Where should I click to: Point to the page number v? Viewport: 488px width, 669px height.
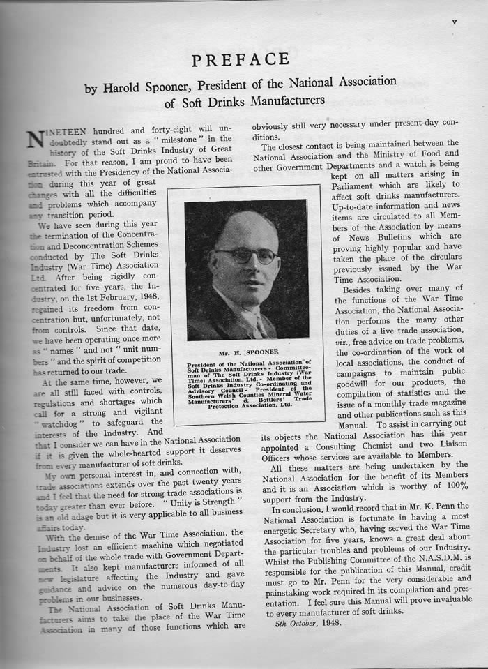point(454,22)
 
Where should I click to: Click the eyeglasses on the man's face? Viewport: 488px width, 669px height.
point(245,255)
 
